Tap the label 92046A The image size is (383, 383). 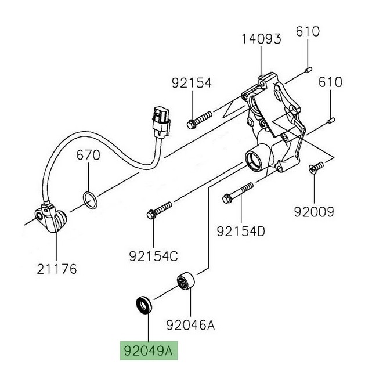point(190,326)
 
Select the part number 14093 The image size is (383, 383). point(262,39)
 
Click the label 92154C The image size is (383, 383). point(154,255)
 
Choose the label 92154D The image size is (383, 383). point(241,232)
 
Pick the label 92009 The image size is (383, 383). point(314,213)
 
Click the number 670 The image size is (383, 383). point(89,156)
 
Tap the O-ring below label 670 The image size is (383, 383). point(89,201)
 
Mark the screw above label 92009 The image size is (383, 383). point(314,167)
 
